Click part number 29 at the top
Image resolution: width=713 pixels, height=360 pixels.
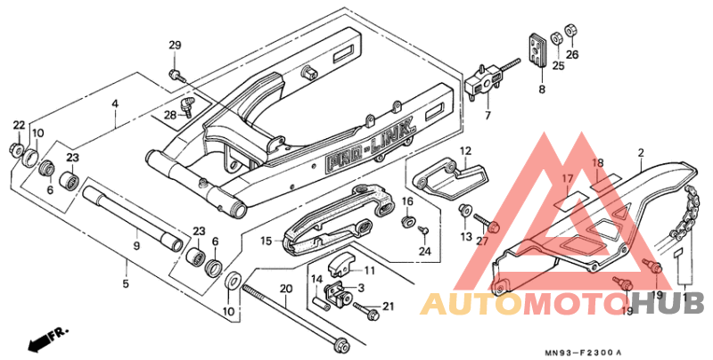click(x=175, y=45)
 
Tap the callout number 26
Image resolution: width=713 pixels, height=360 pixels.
click(x=572, y=54)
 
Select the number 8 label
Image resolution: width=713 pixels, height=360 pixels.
click(x=541, y=90)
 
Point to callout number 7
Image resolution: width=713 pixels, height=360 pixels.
click(x=488, y=116)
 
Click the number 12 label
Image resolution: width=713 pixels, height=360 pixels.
click(x=464, y=151)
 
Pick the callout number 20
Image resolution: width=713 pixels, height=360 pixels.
click(x=286, y=289)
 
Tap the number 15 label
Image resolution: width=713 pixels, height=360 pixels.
click(x=266, y=241)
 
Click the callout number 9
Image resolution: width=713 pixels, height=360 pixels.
click(x=136, y=246)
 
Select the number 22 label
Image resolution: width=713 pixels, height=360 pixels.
click(x=19, y=124)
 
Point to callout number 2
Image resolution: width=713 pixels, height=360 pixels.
click(x=640, y=154)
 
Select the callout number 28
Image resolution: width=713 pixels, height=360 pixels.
click(x=169, y=114)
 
